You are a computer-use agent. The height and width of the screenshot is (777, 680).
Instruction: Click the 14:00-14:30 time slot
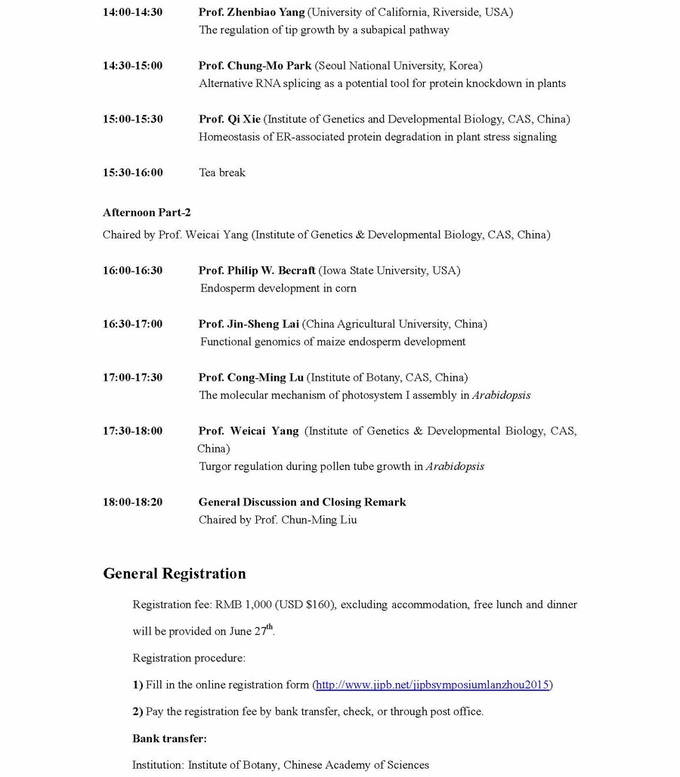click(x=132, y=12)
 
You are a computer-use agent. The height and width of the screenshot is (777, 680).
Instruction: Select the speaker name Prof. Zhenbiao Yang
click(x=252, y=12)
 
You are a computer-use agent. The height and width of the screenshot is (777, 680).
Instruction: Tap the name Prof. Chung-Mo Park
click(x=255, y=66)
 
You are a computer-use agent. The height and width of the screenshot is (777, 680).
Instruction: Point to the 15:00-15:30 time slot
click(x=132, y=120)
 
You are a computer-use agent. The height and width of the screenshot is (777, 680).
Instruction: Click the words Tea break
click(x=222, y=172)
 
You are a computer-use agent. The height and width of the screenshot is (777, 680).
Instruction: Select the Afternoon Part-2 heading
click(x=147, y=213)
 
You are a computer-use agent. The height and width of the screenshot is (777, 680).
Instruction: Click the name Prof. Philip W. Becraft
click(x=257, y=271)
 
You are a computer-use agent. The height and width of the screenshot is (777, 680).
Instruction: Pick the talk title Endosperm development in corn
click(x=278, y=288)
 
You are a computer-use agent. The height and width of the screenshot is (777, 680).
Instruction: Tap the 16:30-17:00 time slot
click(x=132, y=324)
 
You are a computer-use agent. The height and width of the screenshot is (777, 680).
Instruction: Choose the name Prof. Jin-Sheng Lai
click(x=249, y=324)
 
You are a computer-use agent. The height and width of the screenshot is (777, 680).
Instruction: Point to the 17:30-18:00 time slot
click(x=132, y=431)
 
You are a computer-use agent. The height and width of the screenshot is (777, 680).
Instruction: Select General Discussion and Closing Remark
click(x=302, y=502)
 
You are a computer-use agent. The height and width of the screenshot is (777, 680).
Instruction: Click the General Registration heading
click(x=175, y=573)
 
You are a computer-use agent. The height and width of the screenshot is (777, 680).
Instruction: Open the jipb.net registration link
click(x=432, y=685)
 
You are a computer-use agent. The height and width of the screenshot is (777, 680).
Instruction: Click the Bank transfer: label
click(x=169, y=738)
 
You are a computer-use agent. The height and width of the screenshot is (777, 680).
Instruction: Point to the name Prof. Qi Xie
click(x=230, y=120)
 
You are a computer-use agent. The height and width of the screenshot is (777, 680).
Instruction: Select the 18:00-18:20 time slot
click(x=132, y=502)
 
